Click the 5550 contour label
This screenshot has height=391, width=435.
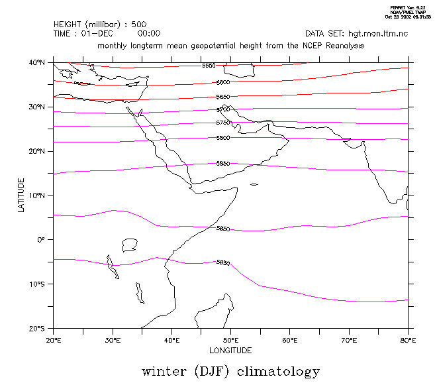[209, 66]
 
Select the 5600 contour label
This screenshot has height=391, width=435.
[223, 82]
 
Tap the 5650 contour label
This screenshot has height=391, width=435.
[223, 97]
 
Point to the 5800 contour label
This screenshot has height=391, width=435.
[223, 138]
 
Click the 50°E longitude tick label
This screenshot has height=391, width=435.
[231, 340]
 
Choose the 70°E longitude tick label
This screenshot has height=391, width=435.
[349, 340]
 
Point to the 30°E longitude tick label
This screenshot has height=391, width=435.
[113, 340]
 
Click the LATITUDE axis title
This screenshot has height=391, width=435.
[21, 195]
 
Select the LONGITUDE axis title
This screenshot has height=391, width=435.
[230, 350]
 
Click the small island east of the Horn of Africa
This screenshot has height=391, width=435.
[254, 184]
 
